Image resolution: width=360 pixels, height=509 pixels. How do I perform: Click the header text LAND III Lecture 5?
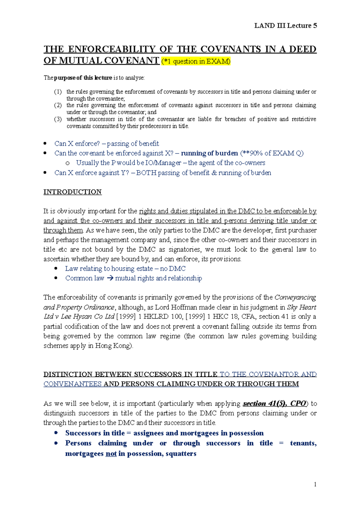point(285,26)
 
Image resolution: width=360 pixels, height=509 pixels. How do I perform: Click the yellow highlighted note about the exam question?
point(196,61)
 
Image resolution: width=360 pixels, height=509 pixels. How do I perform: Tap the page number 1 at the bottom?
point(315,484)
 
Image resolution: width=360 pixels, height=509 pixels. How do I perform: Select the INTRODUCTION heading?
point(73,192)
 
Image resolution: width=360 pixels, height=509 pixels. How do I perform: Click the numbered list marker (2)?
point(58,105)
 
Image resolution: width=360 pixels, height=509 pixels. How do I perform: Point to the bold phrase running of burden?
point(209,153)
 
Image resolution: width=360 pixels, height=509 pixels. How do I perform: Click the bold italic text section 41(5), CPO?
point(274,403)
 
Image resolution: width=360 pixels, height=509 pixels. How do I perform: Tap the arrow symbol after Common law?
point(110,278)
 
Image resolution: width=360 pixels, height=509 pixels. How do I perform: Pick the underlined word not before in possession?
point(111,454)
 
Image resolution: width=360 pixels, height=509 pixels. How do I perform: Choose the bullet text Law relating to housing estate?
point(109,269)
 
